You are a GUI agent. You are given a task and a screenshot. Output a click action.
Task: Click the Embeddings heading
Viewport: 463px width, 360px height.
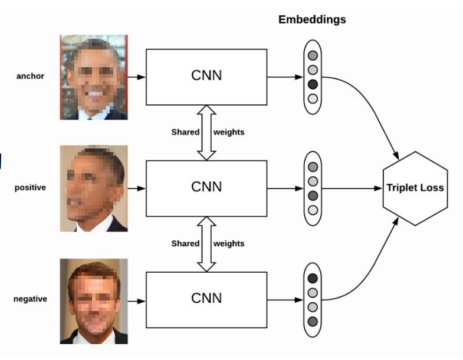[x=312, y=20]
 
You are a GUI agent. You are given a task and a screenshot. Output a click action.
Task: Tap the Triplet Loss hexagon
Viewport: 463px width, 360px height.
[x=415, y=189]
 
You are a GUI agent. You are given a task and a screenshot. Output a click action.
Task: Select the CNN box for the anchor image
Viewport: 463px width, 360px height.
[x=206, y=77]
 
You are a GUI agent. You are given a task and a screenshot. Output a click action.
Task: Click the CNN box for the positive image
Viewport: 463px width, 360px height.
[x=206, y=189]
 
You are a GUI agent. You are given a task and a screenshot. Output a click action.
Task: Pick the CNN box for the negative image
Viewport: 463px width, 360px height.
[x=206, y=300]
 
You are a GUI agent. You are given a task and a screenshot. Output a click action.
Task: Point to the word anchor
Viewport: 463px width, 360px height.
[x=30, y=76]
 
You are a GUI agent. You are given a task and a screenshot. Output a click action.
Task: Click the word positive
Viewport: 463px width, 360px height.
[x=30, y=188]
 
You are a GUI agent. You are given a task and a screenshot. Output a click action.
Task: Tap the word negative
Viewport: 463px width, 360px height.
[x=30, y=299]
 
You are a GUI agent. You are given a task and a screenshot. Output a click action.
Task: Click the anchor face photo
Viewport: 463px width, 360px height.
[x=94, y=77]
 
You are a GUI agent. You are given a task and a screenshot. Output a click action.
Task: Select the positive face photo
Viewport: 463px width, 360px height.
[x=94, y=189]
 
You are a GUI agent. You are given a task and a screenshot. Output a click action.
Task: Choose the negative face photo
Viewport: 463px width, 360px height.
[x=94, y=301]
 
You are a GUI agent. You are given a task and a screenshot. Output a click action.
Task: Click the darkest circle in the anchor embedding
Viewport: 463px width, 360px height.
[x=313, y=84]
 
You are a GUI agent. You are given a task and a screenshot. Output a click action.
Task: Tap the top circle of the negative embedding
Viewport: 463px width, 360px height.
[x=313, y=278]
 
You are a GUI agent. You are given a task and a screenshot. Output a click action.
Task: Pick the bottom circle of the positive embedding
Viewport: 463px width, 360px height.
[x=313, y=210]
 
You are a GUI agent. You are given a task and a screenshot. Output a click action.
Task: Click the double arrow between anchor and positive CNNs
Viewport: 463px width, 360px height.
[x=206, y=133]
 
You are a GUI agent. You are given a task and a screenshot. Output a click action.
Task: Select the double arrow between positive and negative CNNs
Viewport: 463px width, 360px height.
[x=206, y=244]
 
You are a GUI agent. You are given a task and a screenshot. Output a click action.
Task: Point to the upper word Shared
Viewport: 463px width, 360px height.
[x=185, y=132]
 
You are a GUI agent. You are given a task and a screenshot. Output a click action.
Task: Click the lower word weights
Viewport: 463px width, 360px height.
[x=229, y=244]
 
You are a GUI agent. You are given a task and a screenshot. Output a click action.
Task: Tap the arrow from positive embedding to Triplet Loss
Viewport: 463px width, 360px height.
[x=352, y=189]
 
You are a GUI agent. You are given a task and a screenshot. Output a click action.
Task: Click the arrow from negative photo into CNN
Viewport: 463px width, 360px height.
[x=137, y=301]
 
